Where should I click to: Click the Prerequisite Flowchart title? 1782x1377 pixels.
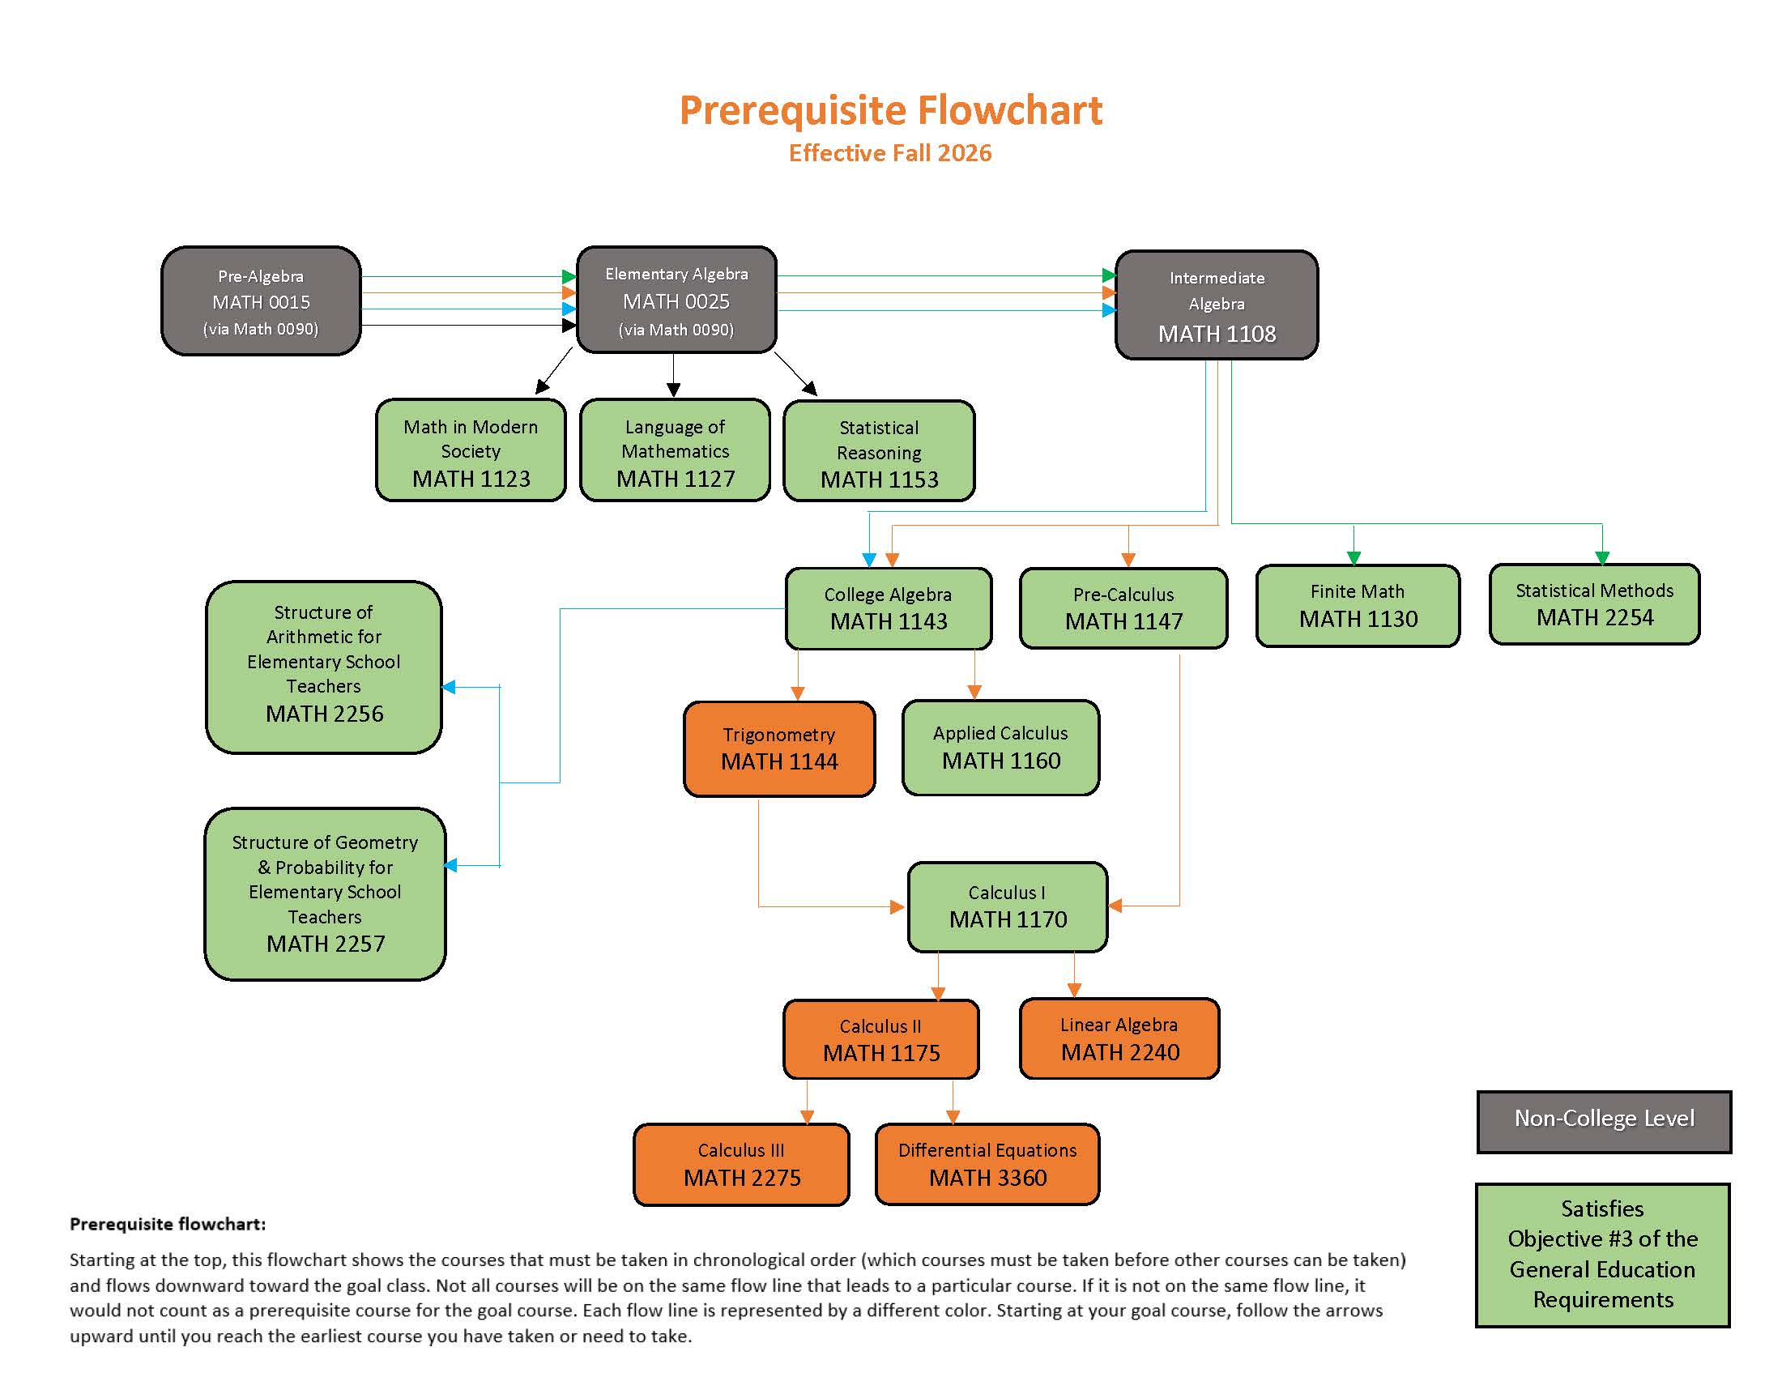pyautogui.click(x=890, y=111)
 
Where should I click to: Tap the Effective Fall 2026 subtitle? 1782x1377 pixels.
pyautogui.click(x=890, y=153)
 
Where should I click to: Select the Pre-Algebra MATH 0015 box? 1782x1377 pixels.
pyautogui.click(x=261, y=302)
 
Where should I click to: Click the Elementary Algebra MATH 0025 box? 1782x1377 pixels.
pyautogui.click(x=676, y=301)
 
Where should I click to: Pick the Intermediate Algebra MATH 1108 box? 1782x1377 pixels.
pyautogui.click(x=1217, y=306)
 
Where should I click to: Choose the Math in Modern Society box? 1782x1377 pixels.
pyautogui.click(x=471, y=450)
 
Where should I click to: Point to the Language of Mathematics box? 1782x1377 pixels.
pyautogui.click(x=675, y=450)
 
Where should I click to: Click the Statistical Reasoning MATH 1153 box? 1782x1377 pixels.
pyautogui.click(x=879, y=452)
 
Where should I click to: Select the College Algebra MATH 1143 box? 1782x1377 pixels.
pyautogui.click(x=889, y=608)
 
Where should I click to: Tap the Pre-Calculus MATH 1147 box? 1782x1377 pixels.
pyautogui.click(x=1123, y=608)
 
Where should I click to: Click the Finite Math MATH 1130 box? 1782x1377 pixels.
pyautogui.click(x=1358, y=606)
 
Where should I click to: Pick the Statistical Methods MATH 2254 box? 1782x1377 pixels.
pyautogui.click(x=1594, y=604)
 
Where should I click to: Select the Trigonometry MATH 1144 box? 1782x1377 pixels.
pyautogui.click(x=779, y=749)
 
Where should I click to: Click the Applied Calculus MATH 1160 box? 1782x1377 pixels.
pyautogui.click(x=1000, y=748)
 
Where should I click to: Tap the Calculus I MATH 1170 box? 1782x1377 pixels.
pyautogui.click(x=1008, y=907)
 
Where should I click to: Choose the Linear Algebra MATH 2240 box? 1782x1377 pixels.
pyautogui.click(x=1119, y=1038)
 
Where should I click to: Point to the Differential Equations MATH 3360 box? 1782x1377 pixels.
pyautogui.click(x=987, y=1164)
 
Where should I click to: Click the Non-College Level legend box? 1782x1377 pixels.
pyautogui.click(x=1603, y=1122)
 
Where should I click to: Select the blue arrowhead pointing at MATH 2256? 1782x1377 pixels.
pyautogui.click(x=449, y=687)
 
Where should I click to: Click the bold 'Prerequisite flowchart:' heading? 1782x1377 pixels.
pyautogui.click(x=168, y=1224)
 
